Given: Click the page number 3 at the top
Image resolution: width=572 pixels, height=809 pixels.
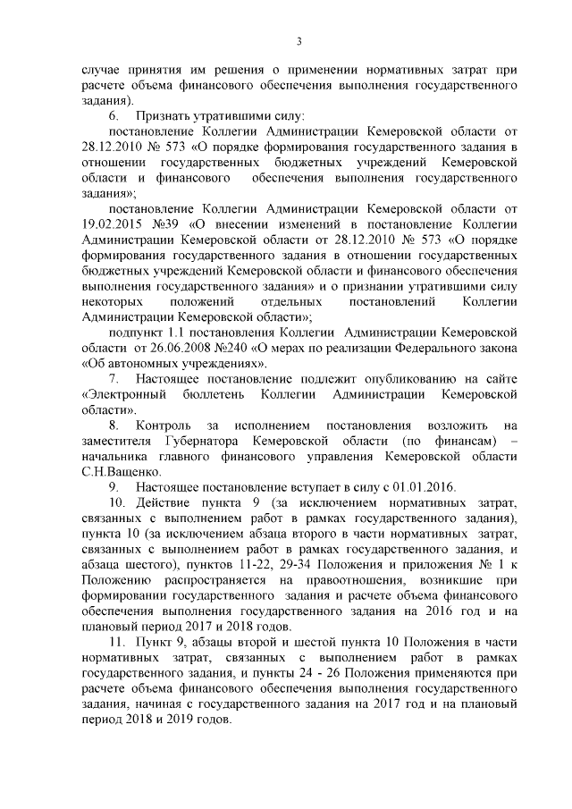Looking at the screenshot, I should point(299,39).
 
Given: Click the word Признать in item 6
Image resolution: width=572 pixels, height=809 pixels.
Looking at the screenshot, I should point(164,117).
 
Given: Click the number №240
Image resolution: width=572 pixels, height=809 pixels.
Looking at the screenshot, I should point(222,350).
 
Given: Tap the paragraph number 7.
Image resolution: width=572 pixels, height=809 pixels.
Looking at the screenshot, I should point(113,382).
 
